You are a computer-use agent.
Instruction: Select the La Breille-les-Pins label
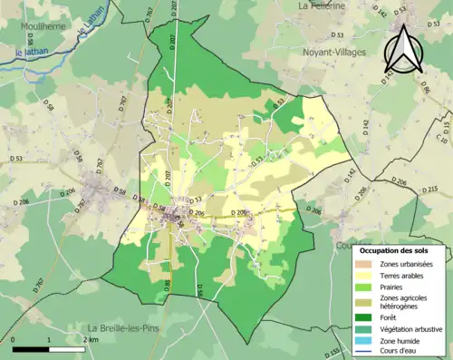point(125,327)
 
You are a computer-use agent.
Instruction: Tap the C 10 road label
point(442,135)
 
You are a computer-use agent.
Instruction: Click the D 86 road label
point(424,88)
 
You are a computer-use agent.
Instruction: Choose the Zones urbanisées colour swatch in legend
point(363,264)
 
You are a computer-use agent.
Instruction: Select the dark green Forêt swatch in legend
point(363,318)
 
